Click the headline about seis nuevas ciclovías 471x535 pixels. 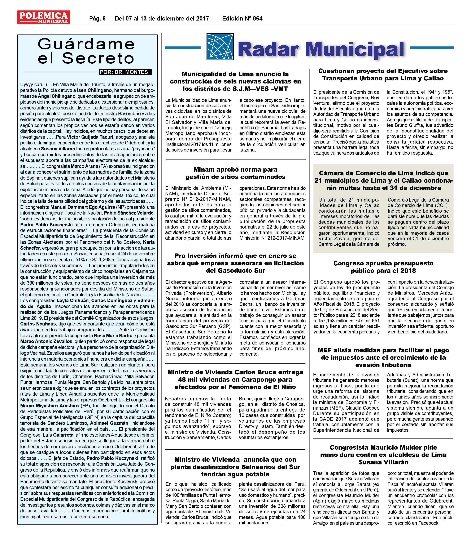click(235, 81)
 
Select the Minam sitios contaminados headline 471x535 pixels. click(235, 173)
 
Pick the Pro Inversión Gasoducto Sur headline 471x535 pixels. click(235, 263)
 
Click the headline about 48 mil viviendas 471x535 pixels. click(235, 379)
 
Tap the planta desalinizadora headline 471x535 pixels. click(235, 467)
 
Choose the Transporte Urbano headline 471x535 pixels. click(383, 75)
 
